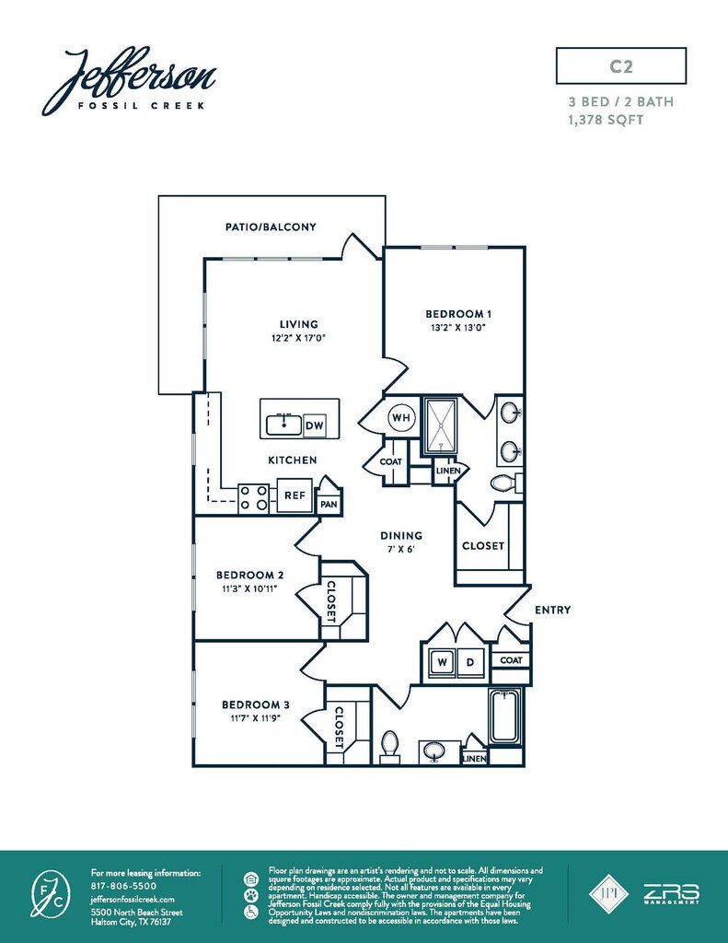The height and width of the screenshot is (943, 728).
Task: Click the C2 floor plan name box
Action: (621, 65)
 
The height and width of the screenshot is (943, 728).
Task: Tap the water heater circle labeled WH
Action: (401, 417)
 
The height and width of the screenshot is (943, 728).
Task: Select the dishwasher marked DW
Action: (315, 425)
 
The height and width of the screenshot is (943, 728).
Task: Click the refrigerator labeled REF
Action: (295, 495)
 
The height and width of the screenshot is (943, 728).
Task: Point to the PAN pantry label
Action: (329, 504)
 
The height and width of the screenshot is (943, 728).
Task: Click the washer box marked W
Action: (443, 663)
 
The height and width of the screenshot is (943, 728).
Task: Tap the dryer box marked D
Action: (470, 663)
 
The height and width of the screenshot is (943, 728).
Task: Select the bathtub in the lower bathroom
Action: (505, 716)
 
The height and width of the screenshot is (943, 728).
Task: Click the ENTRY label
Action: (552, 610)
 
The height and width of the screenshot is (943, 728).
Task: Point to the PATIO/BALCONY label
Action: (271, 227)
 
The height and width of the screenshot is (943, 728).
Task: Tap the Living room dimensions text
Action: (299, 338)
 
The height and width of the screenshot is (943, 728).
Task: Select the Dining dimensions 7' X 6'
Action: (401, 549)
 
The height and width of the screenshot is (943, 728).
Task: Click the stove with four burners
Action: (253, 498)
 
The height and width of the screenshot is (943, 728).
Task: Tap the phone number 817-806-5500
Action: (124, 886)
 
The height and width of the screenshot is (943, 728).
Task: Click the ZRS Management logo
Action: (672, 893)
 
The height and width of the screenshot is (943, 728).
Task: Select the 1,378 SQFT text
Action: (606, 120)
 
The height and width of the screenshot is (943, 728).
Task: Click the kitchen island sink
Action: (283, 425)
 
